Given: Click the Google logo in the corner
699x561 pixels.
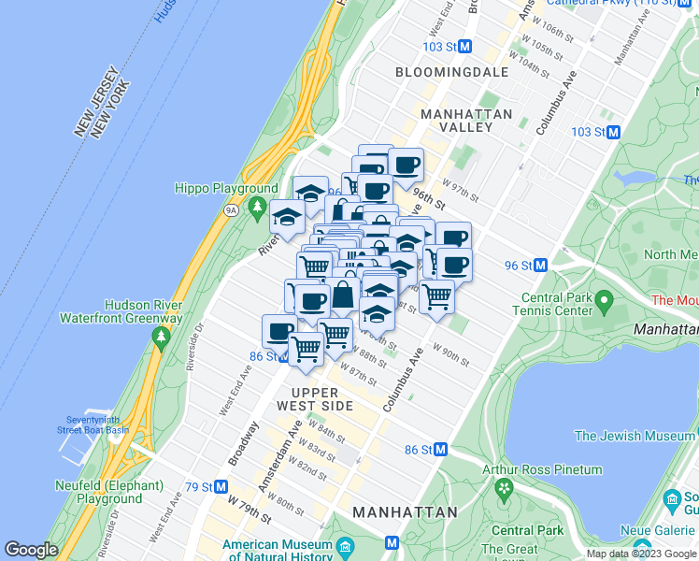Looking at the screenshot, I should tap(31, 550).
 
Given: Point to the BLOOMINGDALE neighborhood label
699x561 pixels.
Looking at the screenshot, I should tap(451, 72).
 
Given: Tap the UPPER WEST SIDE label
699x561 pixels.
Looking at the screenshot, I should tap(315, 398).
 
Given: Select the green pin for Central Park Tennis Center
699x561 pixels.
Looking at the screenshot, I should tap(604, 301).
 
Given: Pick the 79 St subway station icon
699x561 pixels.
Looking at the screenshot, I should tap(221, 486).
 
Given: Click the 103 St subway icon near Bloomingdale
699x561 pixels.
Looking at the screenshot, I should tap(464, 46).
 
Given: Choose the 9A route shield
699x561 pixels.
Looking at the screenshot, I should tap(232, 210).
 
